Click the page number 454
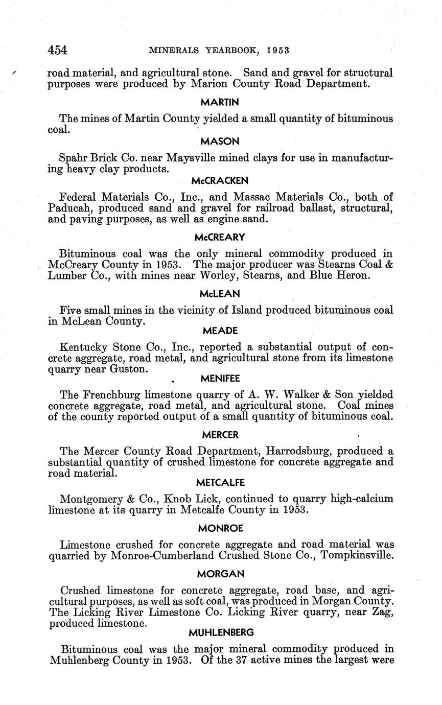tap(57, 50)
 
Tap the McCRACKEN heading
tap(220, 180)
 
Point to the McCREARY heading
tap(220, 237)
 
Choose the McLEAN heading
tap(220, 294)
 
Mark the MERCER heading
tap(220, 435)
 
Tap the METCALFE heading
tap(220, 482)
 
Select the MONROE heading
tap(220, 528)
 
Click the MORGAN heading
tap(220, 574)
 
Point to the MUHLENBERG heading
tap(221, 632)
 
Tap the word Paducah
tap(69, 208)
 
